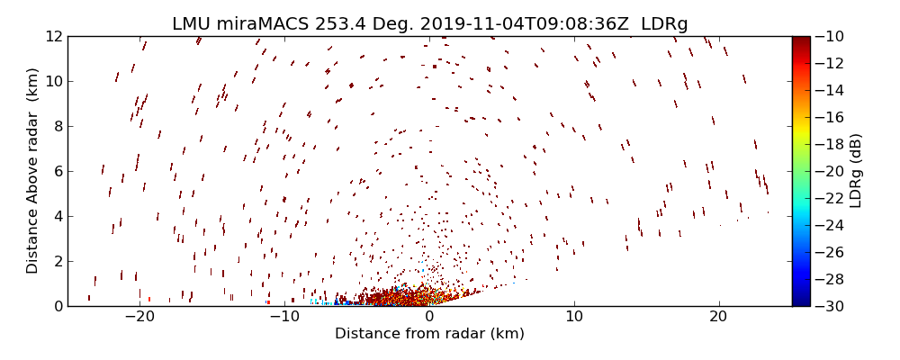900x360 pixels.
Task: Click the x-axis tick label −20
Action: click(139, 317)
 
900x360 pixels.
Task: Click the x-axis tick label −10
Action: click(283, 317)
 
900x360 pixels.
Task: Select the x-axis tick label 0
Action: click(429, 317)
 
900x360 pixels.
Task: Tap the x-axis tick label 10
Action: click(574, 317)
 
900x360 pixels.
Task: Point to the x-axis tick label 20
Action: click(718, 317)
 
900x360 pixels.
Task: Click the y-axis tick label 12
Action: click(52, 36)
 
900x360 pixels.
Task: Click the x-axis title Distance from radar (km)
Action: click(429, 334)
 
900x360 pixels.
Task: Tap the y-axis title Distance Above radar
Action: click(33, 171)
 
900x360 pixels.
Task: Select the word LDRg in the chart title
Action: click(664, 24)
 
